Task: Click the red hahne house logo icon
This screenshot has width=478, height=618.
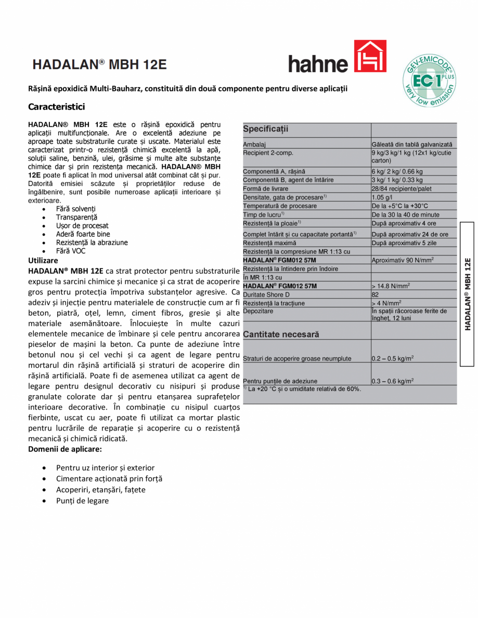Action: [370, 57]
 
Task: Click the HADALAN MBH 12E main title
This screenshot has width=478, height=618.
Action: [99, 64]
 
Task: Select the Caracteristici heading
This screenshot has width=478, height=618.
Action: [56, 106]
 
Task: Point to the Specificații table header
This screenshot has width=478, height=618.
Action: [266, 129]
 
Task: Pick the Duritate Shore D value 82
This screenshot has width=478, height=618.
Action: [375, 294]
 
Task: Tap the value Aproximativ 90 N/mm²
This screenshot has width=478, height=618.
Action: [403, 260]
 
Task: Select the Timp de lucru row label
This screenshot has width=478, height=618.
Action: [263, 214]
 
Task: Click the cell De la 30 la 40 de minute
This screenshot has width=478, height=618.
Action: [405, 214]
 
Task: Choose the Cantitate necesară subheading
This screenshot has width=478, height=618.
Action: [281, 334]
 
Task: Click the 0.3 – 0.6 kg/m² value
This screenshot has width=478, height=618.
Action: [393, 381]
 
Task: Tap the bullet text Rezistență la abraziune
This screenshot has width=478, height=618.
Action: [92, 243]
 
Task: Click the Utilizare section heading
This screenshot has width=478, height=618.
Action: [43, 260]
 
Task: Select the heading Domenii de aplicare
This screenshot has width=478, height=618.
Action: [65, 449]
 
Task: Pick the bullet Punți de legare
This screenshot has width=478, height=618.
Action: [82, 501]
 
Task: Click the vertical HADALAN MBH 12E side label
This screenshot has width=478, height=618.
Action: [467, 294]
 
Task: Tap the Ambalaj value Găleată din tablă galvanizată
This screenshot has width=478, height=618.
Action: [411, 144]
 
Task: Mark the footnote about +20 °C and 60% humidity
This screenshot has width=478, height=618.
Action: [302, 388]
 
